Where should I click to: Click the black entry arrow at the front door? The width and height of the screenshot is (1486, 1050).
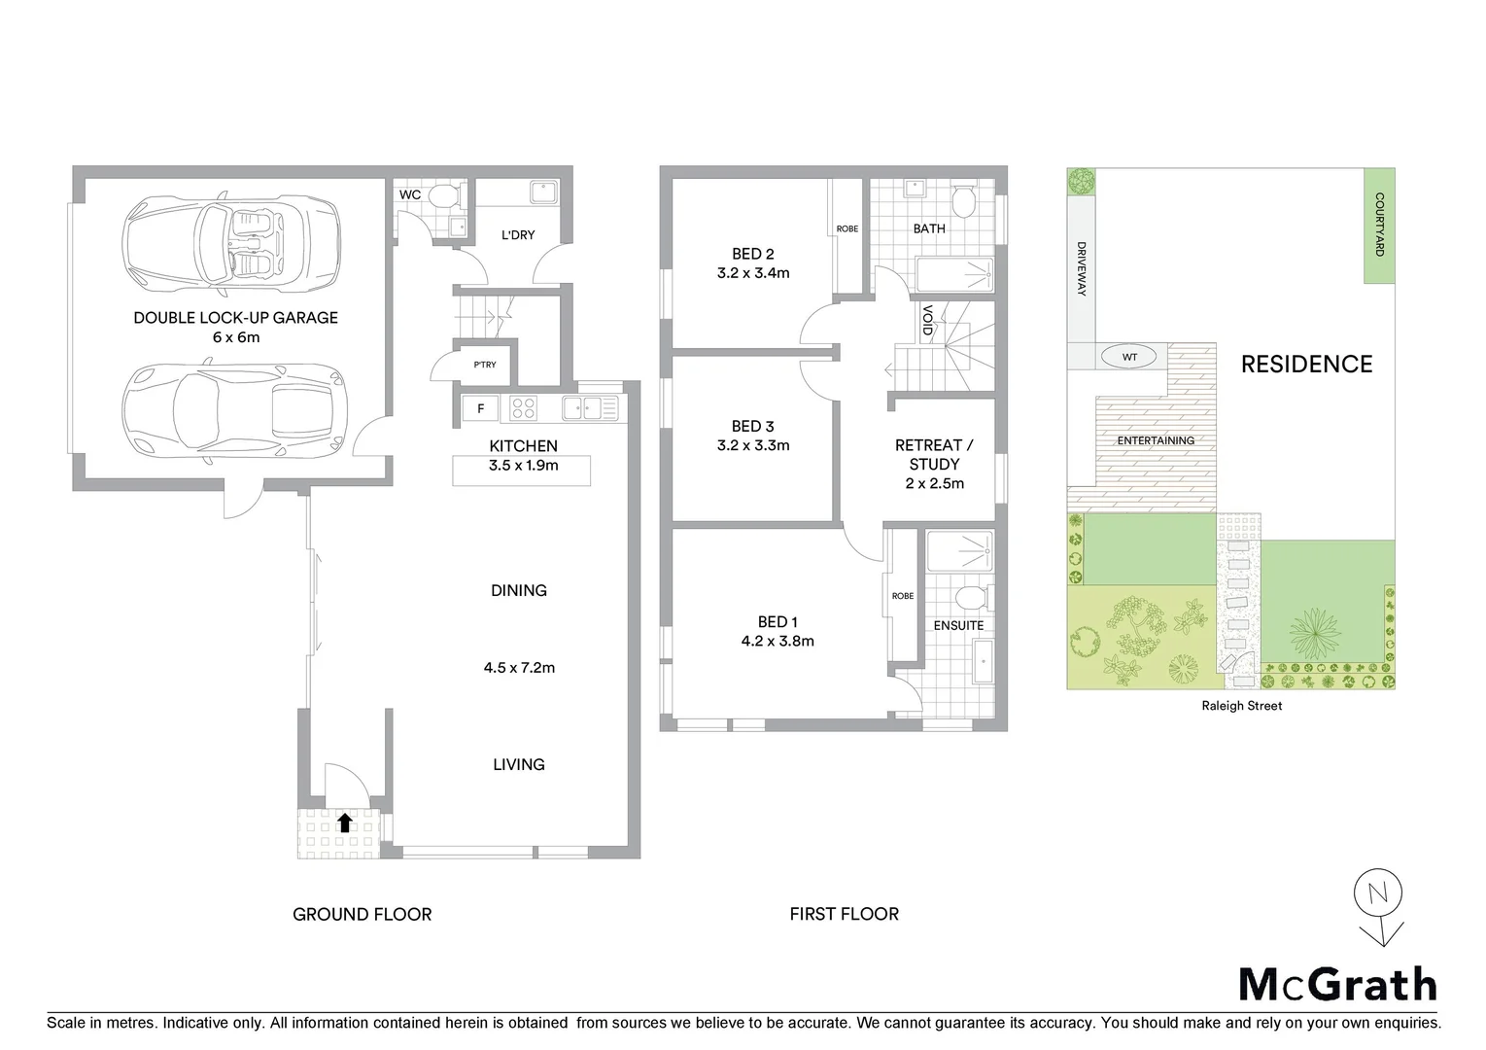point(344,823)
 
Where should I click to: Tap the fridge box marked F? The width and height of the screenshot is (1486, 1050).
point(480,408)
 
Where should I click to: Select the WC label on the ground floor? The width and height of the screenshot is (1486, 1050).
point(410,194)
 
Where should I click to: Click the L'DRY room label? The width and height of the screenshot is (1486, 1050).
point(518,235)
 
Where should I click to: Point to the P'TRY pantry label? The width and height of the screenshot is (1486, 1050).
point(484,365)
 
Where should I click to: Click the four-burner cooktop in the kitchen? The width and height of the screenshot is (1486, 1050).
point(524,408)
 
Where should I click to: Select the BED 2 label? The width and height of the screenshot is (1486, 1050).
point(753,255)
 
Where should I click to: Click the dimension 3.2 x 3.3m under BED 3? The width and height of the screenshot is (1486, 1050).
point(753,445)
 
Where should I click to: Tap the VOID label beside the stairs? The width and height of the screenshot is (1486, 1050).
point(927,321)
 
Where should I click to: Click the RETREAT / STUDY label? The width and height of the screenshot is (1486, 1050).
point(934,454)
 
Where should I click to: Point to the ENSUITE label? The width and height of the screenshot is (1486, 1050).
point(958,625)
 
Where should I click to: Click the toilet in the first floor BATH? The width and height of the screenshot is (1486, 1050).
point(963,203)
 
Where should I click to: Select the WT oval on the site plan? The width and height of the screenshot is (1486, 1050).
point(1129,357)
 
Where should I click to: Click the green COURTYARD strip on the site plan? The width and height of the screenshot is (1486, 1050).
point(1379,226)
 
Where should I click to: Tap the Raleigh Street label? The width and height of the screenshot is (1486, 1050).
point(1242,706)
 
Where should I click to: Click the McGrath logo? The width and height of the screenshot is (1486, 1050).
point(1337,984)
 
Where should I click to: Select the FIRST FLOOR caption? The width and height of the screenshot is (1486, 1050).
point(844,914)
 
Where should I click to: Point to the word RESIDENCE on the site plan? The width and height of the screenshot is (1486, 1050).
point(1306,365)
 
